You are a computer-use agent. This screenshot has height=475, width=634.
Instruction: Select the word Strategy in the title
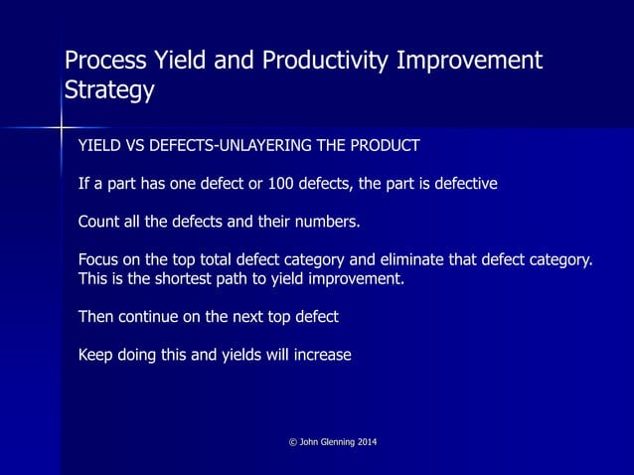pyautogui.click(x=109, y=91)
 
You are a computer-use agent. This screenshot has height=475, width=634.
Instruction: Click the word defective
pyautogui.click(x=463, y=184)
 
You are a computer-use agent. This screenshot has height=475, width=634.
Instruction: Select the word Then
pyautogui.click(x=96, y=316)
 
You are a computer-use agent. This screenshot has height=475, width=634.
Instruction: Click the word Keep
pyautogui.click(x=96, y=354)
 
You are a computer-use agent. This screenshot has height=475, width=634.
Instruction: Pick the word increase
pyautogui.click(x=320, y=354)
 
